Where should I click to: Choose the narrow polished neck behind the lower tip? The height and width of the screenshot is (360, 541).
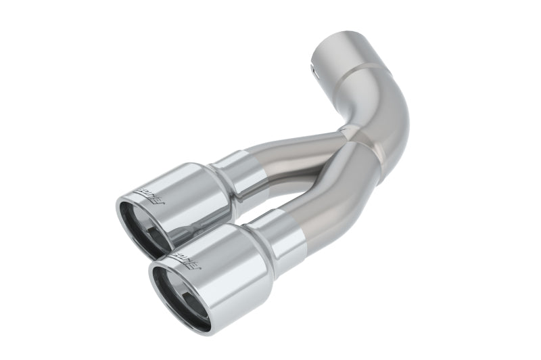pos(284,233)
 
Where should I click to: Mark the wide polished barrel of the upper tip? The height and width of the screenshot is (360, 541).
pos(189,196)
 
